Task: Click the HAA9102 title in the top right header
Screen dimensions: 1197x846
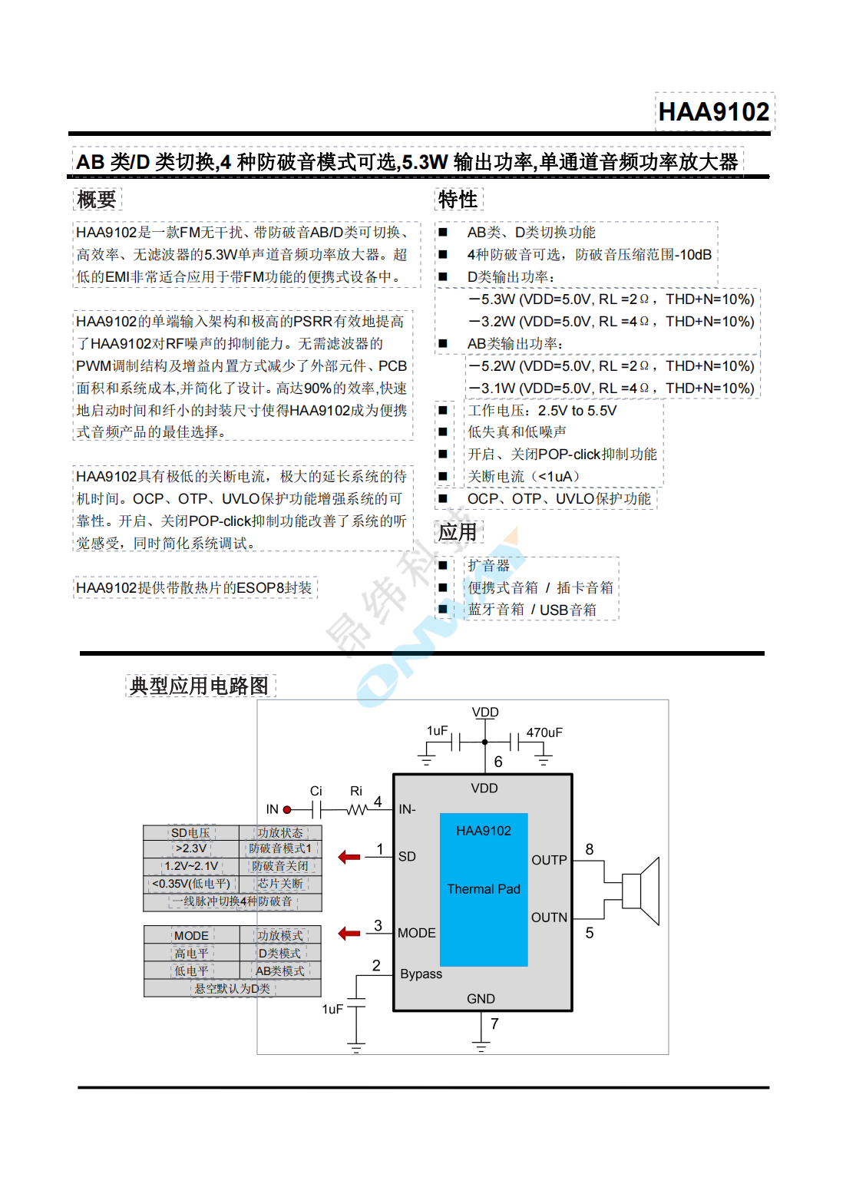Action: click(x=714, y=112)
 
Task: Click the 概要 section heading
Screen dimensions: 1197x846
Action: click(x=97, y=200)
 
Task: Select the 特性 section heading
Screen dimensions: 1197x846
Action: click(x=458, y=200)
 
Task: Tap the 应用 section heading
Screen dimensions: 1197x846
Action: click(x=458, y=532)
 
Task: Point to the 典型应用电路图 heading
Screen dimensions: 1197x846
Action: click(x=200, y=686)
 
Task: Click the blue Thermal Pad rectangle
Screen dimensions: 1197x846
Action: click(x=484, y=889)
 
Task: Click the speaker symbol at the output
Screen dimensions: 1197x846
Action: click(x=642, y=891)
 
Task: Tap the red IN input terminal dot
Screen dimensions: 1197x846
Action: click(x=287, y=809)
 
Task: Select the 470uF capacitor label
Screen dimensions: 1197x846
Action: click(x=544, y=732)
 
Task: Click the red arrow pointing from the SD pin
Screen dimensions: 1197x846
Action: click(x=349, y=857)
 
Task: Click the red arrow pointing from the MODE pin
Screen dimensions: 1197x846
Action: click(x=349, y=934)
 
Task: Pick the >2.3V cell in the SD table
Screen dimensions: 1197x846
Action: click(x=191, y=848)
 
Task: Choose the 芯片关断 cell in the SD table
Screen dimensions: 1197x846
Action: click(x=280, y=884)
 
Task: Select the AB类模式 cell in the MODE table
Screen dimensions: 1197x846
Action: click(x=280, y=971)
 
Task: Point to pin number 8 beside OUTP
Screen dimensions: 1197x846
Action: click(x=590, y=849)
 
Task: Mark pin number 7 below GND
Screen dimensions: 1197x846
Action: click(x=494, y=1023)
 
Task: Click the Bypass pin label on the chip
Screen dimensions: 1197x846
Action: click(x=421, y=974)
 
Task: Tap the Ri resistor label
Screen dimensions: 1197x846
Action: click(x=356, y=791)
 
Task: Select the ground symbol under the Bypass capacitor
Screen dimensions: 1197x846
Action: click(x=356, y=1047)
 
